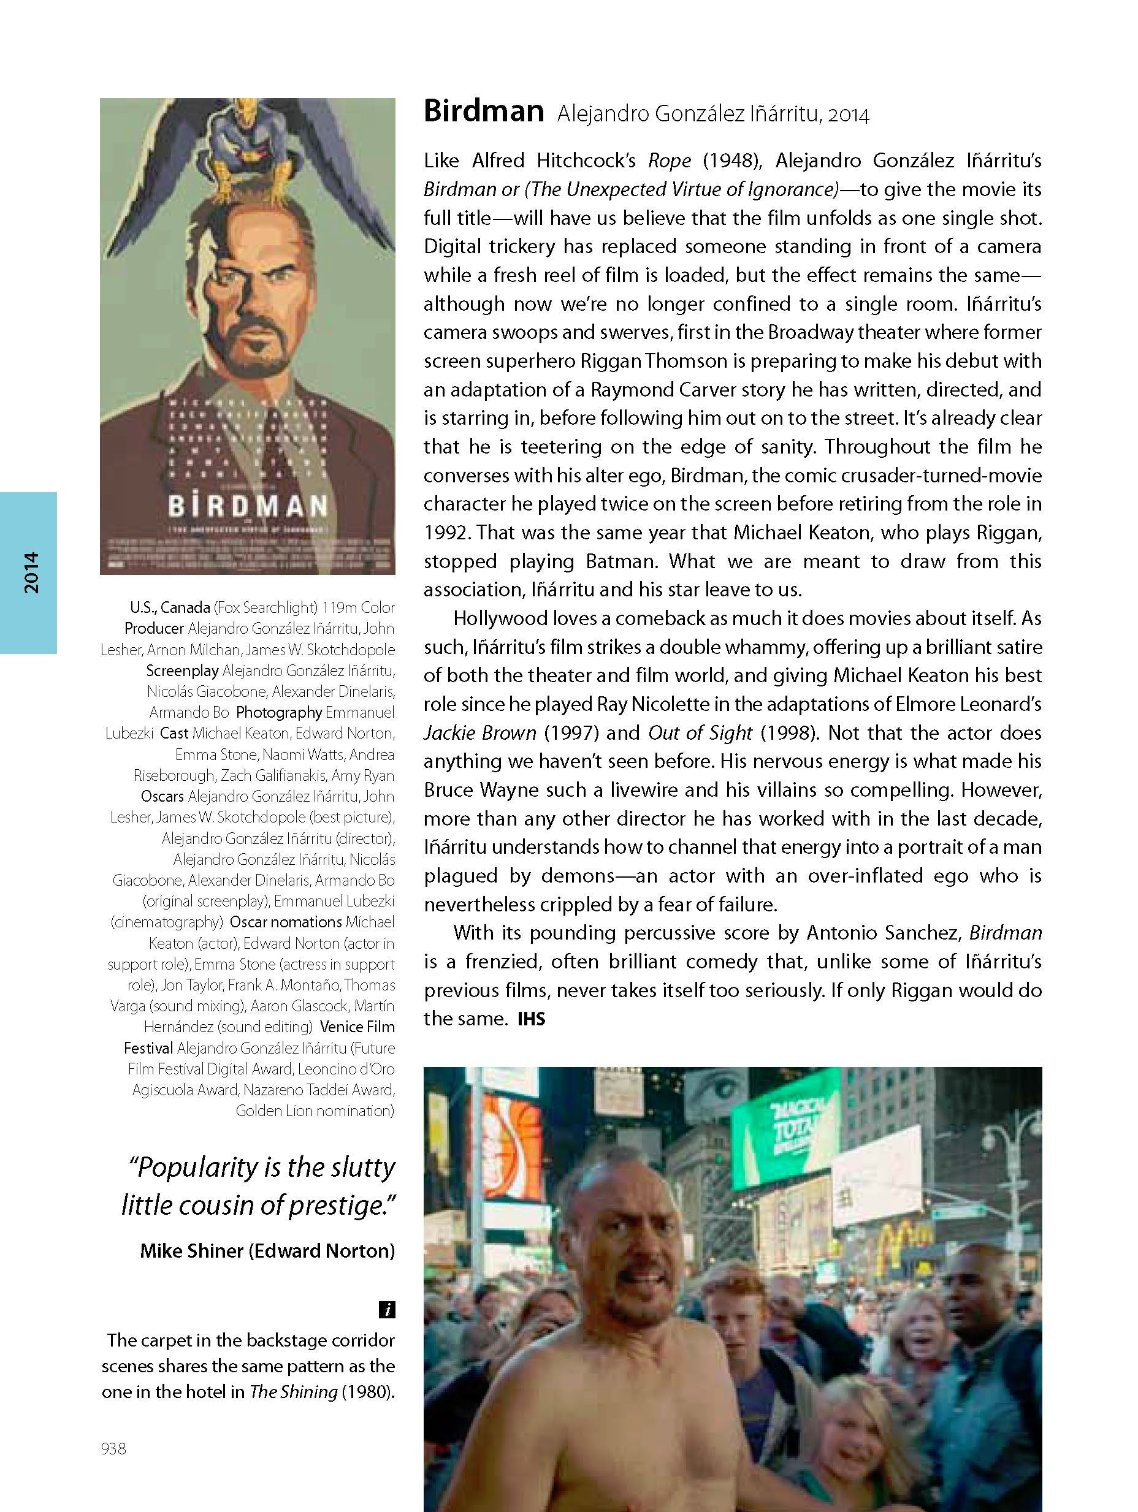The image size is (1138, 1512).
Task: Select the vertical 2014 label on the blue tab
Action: pyautogui.click(x=31, y=573)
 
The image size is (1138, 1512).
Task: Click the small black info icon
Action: pyautogui.click(x=386, y=1310)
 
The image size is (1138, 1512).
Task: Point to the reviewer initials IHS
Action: pyautogui.click(x=532, y=1019)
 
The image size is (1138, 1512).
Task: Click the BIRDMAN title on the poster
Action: pyautogui.click(x=248, y=506)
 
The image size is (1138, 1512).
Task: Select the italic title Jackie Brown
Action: pyautogui.click(x=479, y=734)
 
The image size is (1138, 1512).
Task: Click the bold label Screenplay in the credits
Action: pyautogui.click(x=182, y=671)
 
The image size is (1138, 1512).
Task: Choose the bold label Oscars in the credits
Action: pyautogui.click(x=162, y=796)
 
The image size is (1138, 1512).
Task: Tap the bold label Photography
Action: pyautogui.click(x=279, y=712)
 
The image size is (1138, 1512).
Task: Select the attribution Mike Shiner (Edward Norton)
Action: pyautogui.click(x=267, y=1251)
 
